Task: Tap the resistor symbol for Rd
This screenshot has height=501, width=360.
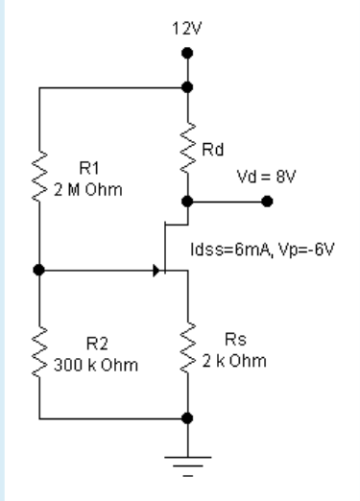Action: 187,144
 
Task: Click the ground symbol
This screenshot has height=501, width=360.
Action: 187,467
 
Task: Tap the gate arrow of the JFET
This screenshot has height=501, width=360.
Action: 155,272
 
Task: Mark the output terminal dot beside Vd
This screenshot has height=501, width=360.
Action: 267,203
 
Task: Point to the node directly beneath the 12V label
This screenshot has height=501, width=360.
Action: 187,86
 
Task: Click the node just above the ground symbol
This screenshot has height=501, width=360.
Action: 187,418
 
